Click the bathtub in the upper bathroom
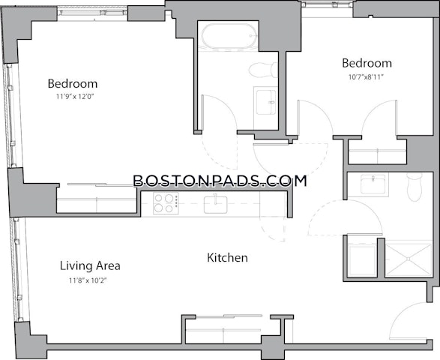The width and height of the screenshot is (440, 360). tap(230, 36)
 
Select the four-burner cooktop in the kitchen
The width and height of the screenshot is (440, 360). tap(166, 203)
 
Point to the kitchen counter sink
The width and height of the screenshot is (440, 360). tap(216, 205)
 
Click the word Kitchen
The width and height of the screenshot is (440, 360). tap(227, 258)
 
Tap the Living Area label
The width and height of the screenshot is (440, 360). tap(90, 265)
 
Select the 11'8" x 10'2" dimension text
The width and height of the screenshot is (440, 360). tap(88, 280)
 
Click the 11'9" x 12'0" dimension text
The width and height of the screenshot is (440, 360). tap(75, 97)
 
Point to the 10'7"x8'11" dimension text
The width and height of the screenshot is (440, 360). tap(366, 77)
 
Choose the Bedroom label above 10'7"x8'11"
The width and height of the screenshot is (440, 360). tap(367, 63)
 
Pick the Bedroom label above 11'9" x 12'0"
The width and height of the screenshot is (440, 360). tap(73, 83)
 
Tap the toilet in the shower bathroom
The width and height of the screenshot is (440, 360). tap(415, 187)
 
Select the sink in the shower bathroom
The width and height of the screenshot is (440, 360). tap(373, 184)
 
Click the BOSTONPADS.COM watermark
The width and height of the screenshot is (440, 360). tap(220, 181)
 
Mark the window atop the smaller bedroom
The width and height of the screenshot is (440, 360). tap(328, 4)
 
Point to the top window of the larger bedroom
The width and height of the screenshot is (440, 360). tap(93, 12)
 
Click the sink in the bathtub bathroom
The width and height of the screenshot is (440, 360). tap(266, 102)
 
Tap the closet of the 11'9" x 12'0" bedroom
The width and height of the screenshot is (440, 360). tap(97, 199)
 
